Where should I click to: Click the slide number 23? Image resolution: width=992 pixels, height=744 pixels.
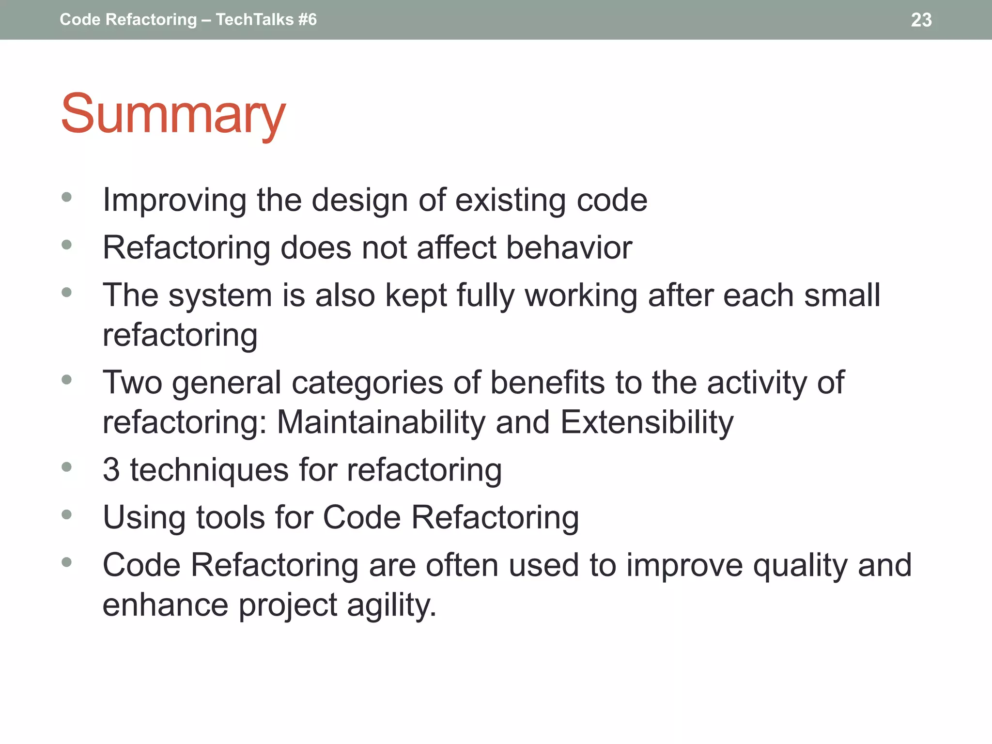tap(921, 20)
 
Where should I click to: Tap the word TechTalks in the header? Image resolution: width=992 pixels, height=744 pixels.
tap(255, 20)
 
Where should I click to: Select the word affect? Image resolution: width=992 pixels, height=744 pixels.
tap(456, 248)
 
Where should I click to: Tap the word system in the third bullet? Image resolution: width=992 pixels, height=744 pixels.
tap(220, 296)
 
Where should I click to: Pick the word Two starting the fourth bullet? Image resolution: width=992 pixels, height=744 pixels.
tap(132, 383)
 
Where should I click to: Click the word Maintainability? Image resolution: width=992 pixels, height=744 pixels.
tap(381, 422)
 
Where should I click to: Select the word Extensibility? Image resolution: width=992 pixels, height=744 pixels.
tap(647, 422)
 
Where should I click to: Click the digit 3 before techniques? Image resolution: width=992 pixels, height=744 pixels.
tap(111, 470)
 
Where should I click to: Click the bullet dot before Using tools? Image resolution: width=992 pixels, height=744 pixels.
tap(67, 514)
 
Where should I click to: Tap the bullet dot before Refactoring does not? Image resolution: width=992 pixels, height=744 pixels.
tap(67, 245)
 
